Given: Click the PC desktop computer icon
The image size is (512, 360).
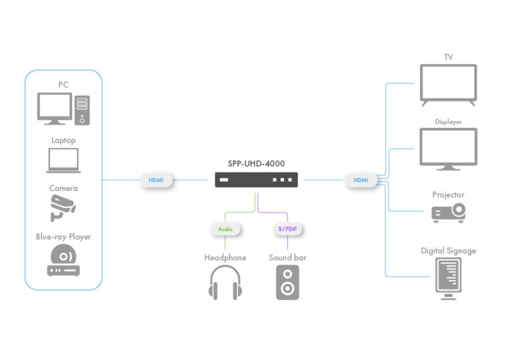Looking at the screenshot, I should point(63,109).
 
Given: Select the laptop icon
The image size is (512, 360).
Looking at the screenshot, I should point(63,161).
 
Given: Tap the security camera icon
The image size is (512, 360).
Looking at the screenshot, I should point(63,208).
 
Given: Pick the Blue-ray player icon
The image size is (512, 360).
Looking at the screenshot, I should point(63,261).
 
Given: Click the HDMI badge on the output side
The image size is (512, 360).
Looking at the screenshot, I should point(361,180).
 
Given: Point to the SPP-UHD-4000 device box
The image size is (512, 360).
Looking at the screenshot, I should point(257,180).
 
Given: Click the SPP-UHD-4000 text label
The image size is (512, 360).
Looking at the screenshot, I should point(257,163).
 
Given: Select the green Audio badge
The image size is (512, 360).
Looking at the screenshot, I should point(226,229).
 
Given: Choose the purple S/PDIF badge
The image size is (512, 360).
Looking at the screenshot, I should point(287,229).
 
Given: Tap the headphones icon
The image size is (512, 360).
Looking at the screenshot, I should point(225,283).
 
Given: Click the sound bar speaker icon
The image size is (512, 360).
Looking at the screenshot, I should point(288,283).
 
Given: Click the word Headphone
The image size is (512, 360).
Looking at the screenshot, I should point(225,257).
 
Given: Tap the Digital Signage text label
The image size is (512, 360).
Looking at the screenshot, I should point(448,251).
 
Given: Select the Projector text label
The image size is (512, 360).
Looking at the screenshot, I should point(448,195).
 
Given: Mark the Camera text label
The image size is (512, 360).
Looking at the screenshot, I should point(63,189).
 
